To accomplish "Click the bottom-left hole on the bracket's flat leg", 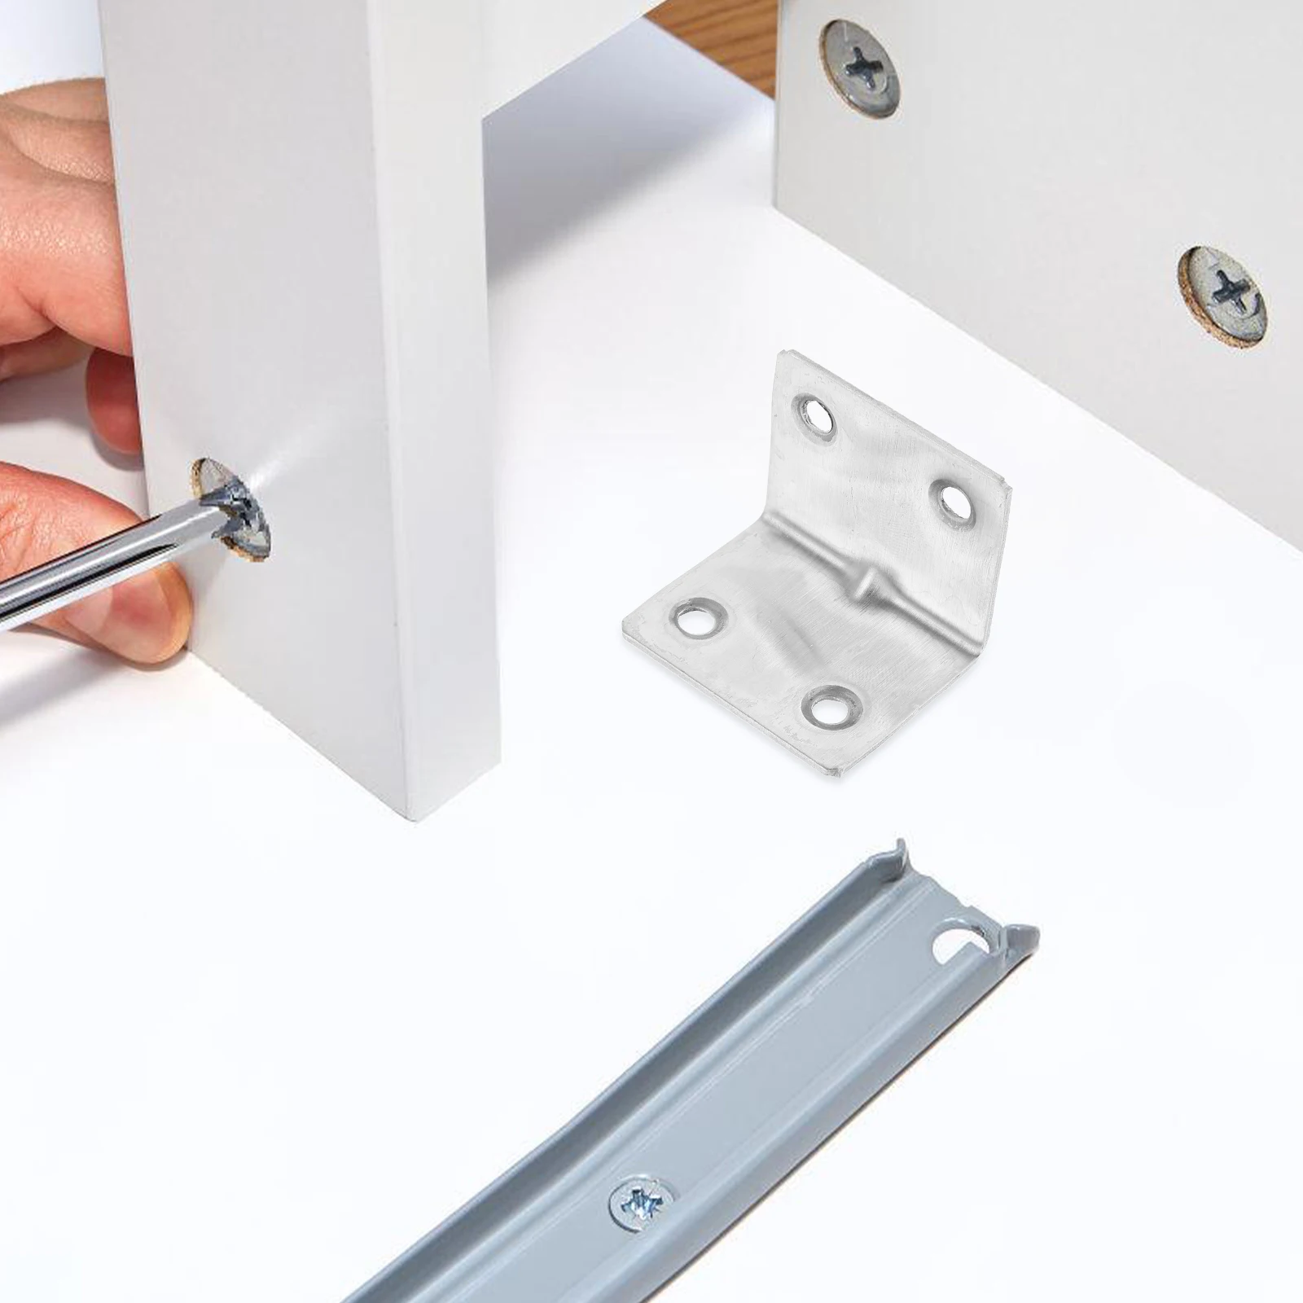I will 699,618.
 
